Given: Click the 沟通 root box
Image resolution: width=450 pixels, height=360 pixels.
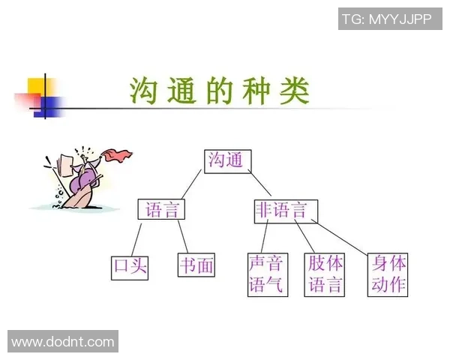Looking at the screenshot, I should [227, 159].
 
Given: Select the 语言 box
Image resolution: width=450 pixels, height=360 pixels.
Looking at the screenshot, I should [161, 209].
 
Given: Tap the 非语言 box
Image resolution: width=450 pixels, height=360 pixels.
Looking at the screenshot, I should [285, 209].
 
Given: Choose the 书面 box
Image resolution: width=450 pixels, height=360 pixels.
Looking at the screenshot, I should [196, 265].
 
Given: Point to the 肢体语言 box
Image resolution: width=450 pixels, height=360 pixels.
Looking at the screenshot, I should [325, 274].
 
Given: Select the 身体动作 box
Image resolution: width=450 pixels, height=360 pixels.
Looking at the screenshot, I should [388, 274].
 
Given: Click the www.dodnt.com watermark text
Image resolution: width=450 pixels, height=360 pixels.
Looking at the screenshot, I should [63, 343].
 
